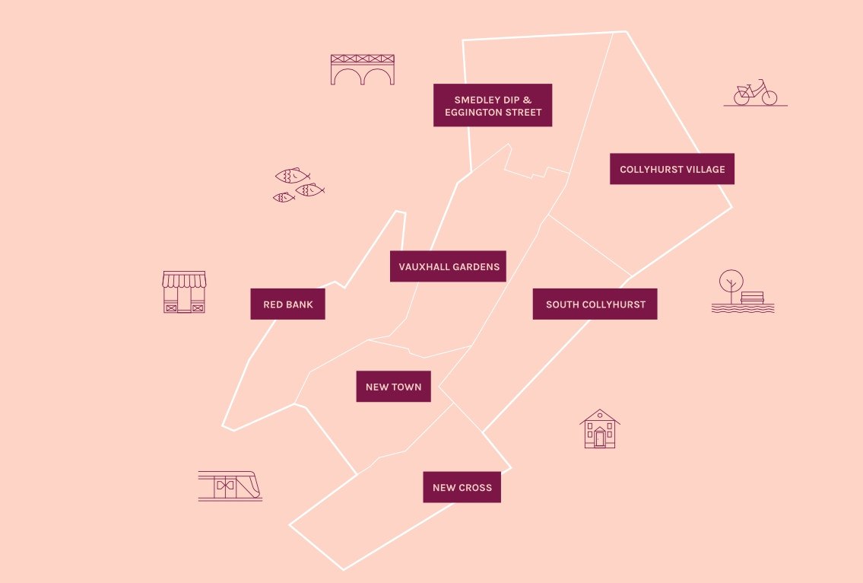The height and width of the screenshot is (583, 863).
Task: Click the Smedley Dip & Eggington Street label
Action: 493,105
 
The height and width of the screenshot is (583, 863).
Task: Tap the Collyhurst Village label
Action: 672,169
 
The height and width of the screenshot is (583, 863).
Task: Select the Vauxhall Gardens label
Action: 448,266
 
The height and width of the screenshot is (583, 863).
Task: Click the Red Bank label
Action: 288,304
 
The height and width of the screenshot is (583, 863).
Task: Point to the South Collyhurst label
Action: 595,304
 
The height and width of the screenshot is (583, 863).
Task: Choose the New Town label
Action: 394,387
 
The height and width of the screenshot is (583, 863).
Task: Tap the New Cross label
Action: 462,487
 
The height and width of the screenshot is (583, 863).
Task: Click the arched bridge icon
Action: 363,69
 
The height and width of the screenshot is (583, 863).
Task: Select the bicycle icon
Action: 755,93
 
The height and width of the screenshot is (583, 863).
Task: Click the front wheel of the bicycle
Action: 769,98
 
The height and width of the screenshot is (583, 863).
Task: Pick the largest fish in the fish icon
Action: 292,176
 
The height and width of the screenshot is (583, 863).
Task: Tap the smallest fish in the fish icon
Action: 284,197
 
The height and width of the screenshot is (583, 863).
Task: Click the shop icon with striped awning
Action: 184,292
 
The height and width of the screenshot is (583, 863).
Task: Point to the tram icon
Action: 230,486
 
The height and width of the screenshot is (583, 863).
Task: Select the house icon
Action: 600,428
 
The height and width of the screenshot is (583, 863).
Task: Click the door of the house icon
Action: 600,438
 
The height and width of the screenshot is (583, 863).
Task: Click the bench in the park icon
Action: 753,298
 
